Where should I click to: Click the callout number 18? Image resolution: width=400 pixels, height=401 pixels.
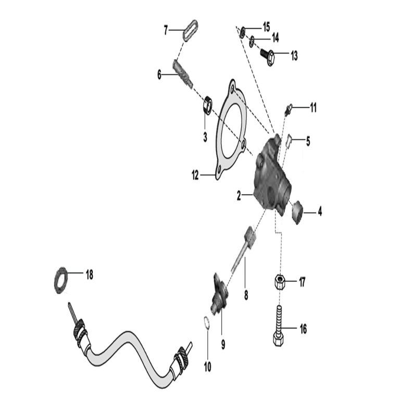(89, 275)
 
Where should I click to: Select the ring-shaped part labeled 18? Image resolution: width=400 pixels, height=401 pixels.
(56, 281)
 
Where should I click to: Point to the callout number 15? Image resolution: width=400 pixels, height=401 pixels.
(266, 27)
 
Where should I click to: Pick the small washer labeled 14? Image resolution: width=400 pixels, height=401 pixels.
(252, 41)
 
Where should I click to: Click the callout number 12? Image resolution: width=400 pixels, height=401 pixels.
(195, 175)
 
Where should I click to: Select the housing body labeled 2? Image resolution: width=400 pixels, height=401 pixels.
(272, 177)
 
